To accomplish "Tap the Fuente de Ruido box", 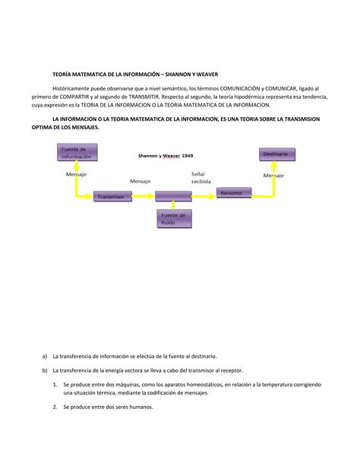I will click(175, 219).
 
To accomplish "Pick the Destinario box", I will click(276, 154).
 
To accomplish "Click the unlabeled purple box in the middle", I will click(173, 197).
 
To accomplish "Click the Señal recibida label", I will click(202, 178).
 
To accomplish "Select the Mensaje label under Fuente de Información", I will click(76, 174).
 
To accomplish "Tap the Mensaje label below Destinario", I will click(273, 175).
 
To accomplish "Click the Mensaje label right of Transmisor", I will click(140, 181).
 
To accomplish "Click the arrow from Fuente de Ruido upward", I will click(174, 206).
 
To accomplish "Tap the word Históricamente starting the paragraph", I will click(74, 88).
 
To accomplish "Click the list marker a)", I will click(45, 356).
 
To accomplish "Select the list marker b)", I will click(45, 370).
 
